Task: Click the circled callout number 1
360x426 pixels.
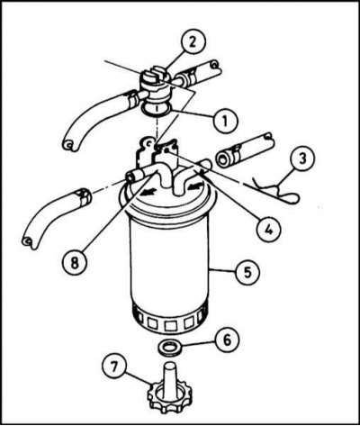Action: [x=226, y=121]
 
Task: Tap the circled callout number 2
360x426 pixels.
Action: [x=193, y=43]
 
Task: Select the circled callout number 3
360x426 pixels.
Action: [x=301, y=159]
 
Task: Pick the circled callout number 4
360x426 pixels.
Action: [x=268, y=231]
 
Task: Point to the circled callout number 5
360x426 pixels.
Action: [x=247, y=272]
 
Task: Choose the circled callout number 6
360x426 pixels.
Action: [x=227, y=340]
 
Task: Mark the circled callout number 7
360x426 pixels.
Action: [x=115, y=368]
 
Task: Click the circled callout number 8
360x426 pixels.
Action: [x=75, y=263]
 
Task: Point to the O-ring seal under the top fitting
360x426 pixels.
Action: [x=156, y=109]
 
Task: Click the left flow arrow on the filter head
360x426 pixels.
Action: [x=148, y=191]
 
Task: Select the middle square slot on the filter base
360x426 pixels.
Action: [x=170, y=325]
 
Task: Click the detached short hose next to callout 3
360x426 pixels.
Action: [x=244, y=150]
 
